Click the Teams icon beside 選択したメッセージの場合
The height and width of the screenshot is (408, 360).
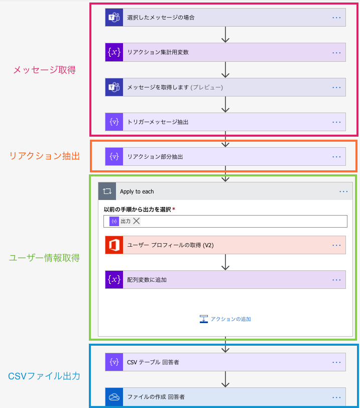point(114,17)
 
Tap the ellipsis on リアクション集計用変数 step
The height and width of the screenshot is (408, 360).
point(336,52)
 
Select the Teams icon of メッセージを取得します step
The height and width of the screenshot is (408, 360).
point(114,87)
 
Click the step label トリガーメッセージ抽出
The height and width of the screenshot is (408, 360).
point(158,122)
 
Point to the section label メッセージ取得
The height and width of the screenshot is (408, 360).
point(44,70)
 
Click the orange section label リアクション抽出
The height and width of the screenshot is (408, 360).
point(44,156)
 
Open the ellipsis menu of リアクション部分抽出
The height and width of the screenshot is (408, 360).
point(336,157)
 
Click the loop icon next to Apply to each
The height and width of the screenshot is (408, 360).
point(107,191)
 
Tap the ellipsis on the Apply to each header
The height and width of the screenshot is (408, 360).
point(343,191)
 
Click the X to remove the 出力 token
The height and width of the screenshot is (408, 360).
point(137,221)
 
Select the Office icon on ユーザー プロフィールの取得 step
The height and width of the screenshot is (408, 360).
point(114,245)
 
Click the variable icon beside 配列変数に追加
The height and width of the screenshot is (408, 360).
point(114,279)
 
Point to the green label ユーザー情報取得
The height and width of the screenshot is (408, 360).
point(44,258)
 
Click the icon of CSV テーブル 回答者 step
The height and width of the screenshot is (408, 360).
point(114,362)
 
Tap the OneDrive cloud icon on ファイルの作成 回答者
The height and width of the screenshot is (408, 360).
point(114,396)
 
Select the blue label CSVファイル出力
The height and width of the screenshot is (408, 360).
point(44,376)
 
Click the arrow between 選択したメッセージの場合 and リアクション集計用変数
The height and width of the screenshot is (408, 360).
point(225,34)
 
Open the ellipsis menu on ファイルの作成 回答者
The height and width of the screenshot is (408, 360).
point(336,396)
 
